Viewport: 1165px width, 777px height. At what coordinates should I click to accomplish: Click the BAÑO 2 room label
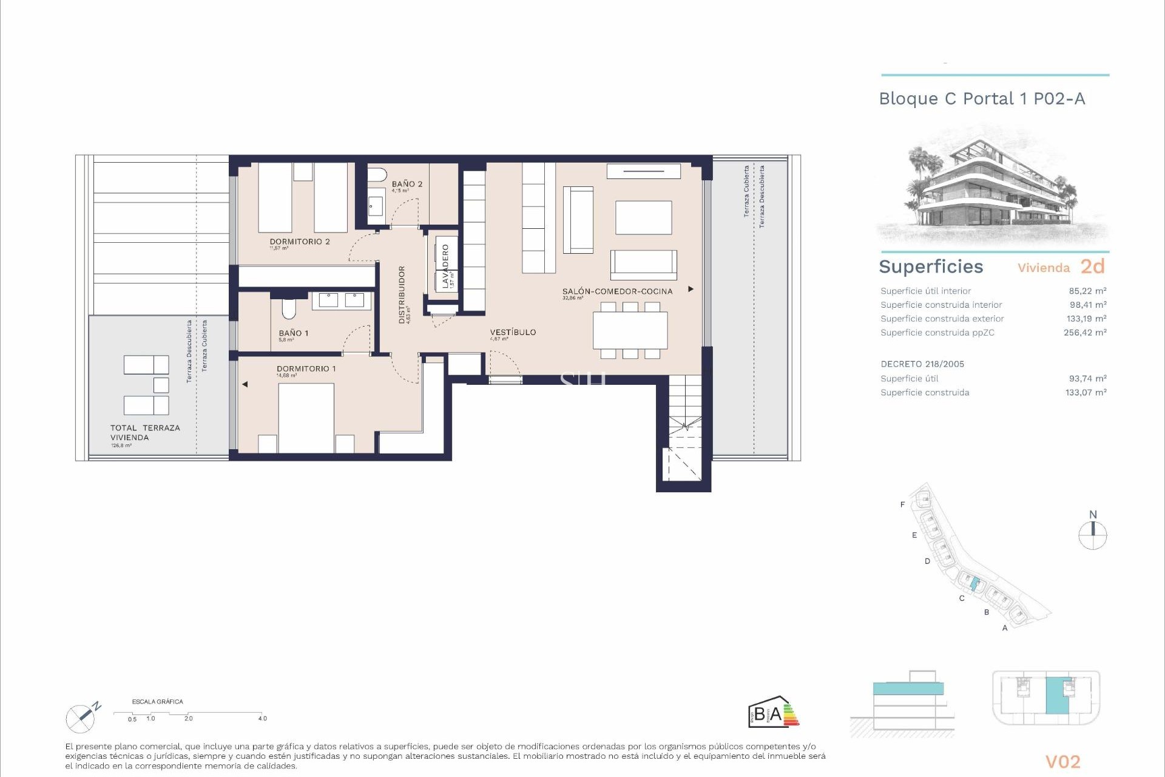click(407, 184)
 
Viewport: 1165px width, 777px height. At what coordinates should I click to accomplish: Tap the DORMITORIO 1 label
click(306, 368)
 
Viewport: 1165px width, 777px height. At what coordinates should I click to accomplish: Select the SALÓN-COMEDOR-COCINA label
click(617, 291)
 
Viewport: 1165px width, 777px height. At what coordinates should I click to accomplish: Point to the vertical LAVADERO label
click(445, 265)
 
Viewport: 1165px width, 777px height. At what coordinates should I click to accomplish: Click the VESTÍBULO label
click(513, 332)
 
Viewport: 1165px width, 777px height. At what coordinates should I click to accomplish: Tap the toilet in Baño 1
click(288, 309)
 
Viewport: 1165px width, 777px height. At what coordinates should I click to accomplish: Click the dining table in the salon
click(630, 330)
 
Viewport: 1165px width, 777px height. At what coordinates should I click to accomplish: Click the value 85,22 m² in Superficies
click(1087, 291)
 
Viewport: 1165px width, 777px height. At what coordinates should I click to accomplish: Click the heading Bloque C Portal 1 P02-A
click(981, 99)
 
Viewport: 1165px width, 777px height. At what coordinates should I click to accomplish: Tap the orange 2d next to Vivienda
click(1092, 266)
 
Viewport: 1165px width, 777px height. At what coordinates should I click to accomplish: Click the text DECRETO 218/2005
click(922, 364)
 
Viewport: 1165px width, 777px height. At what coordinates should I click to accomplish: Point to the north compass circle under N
click(1092, 536)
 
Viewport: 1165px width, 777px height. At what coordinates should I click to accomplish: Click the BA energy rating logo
click(772, 712)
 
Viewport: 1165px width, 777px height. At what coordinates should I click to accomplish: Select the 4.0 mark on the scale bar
click(262, 718)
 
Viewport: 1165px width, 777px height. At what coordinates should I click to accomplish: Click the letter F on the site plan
click(902, 504)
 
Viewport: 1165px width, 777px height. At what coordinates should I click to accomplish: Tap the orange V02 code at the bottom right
click(1062, 762)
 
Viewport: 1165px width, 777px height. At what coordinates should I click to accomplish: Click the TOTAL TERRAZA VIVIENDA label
click(145, 432)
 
